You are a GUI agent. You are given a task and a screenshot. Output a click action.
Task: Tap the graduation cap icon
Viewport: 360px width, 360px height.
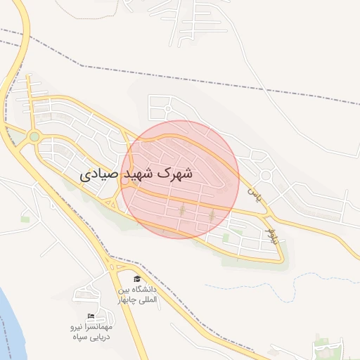[137, 279]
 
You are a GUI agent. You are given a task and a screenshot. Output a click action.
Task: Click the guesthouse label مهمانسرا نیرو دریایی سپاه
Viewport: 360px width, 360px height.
[90, 332]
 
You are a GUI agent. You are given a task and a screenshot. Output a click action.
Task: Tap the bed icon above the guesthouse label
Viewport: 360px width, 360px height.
[90, 316]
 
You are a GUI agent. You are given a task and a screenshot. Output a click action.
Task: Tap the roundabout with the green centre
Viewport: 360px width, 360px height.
[34, 136]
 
